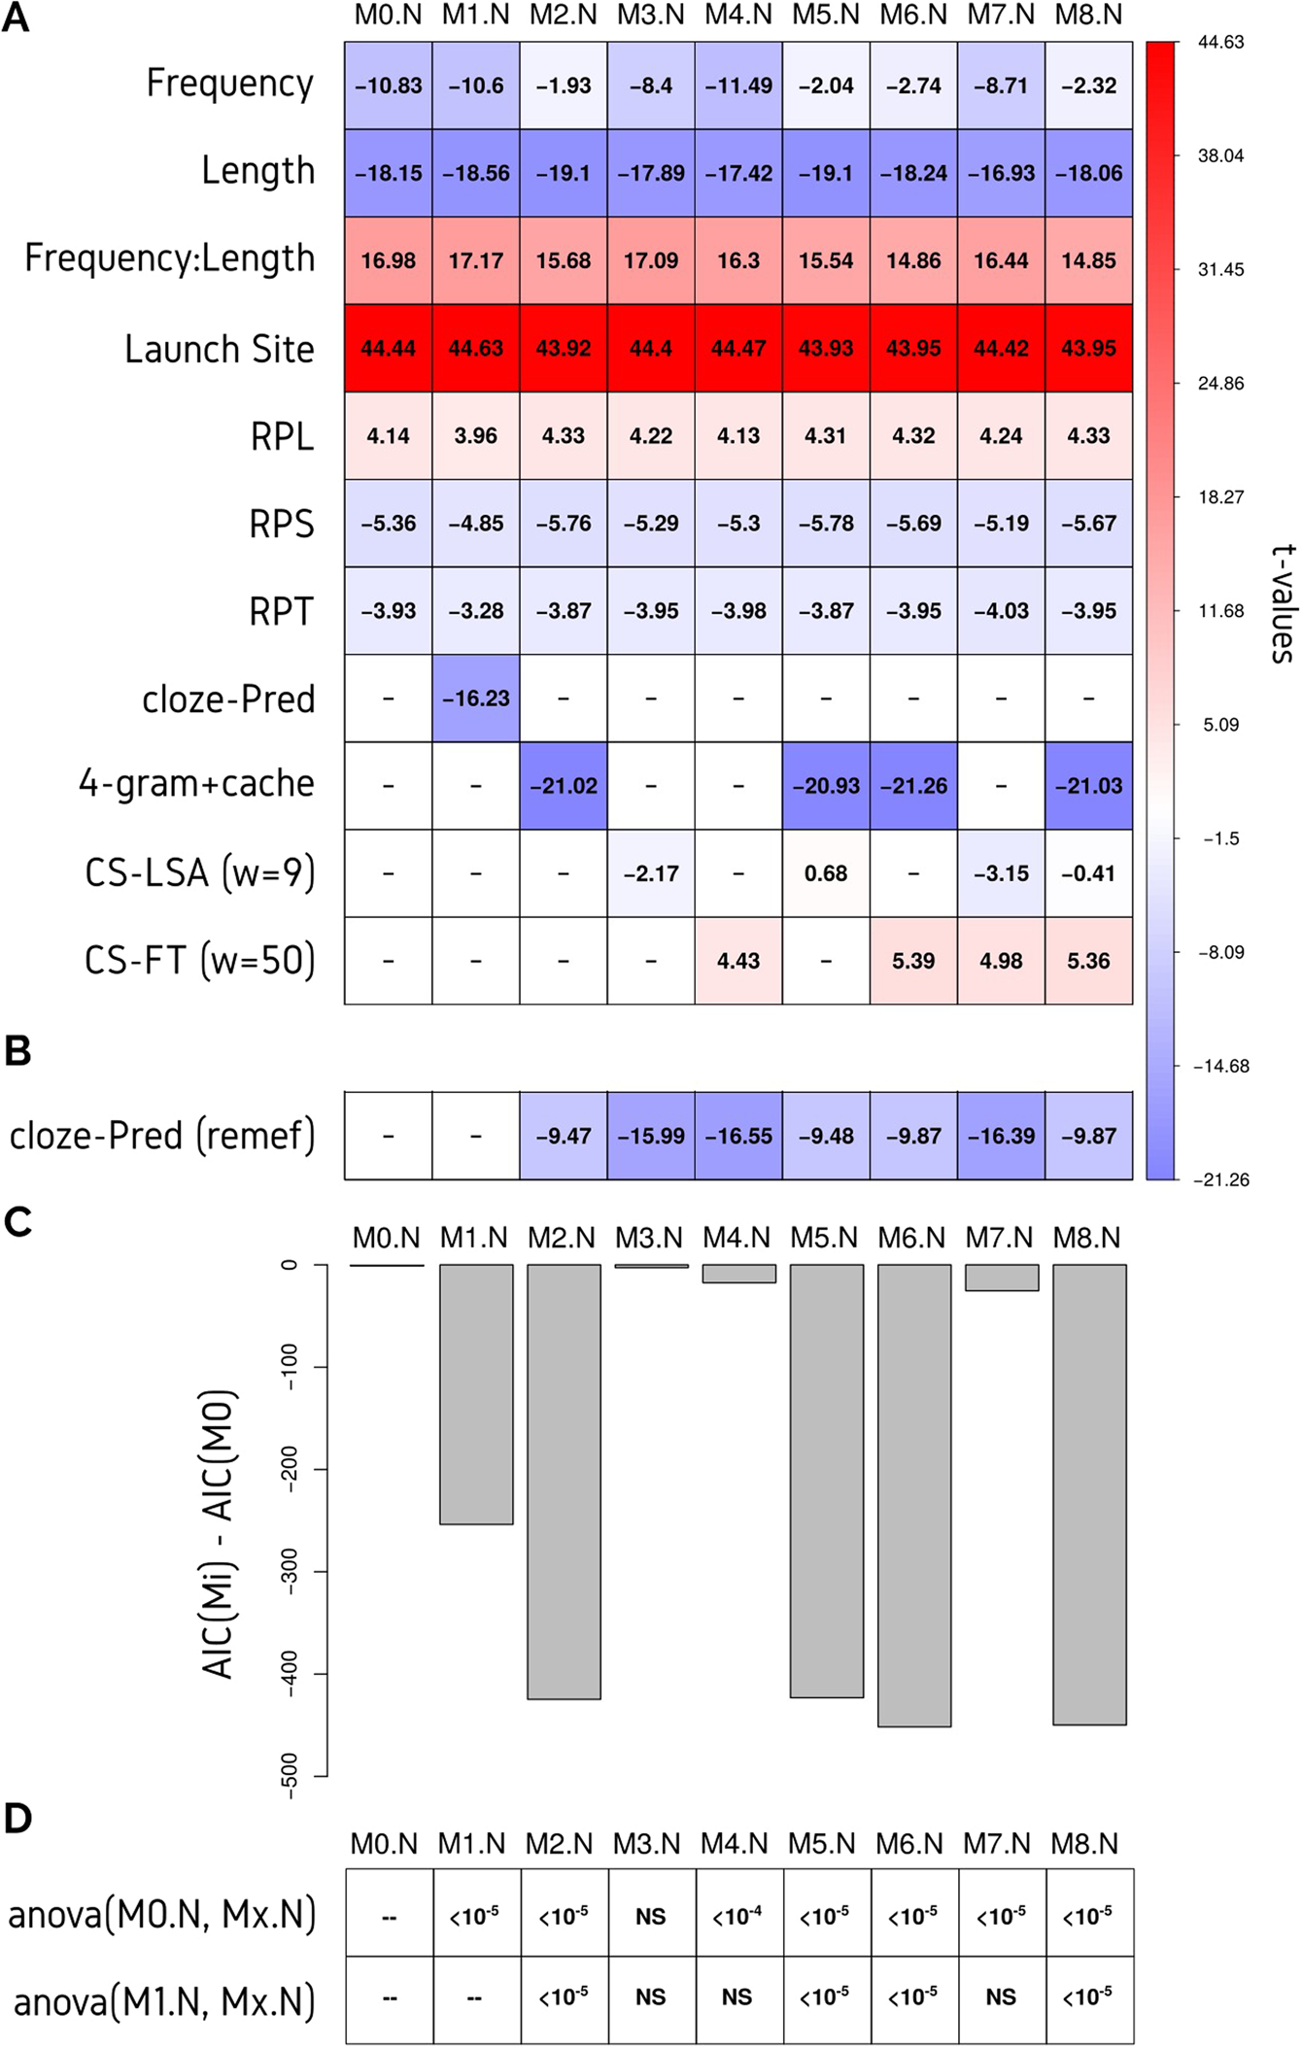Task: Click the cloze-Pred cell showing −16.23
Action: pos(475,699)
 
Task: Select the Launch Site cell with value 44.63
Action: pos(475,349)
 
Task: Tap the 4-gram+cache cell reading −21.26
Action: pos(913,786)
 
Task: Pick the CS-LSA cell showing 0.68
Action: pos(826,873)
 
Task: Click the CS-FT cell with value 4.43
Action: pos(738,961)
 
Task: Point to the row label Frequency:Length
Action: pos(170,258)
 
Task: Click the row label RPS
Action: pos(282,525)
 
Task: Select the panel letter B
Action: pos(17,1051)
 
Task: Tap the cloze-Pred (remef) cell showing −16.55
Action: pos(738,1136)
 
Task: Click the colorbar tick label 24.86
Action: pos(1220,384)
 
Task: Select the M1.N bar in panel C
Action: pos(476,1394)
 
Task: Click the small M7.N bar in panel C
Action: pos(1002,1278)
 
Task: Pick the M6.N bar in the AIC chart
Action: pos(913,1495)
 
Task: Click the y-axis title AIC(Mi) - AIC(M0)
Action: pos(219,1535)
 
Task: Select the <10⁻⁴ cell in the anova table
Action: pos(737,1917)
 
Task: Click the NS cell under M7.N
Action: pos(1001,1997)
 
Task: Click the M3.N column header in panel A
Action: pos(650,16)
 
